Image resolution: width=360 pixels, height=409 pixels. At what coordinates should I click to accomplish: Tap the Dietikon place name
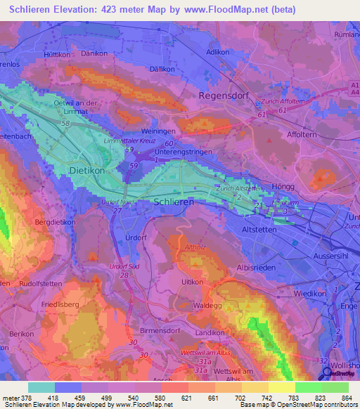(87, 170)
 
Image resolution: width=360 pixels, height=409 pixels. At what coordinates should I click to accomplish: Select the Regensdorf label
(226, 95)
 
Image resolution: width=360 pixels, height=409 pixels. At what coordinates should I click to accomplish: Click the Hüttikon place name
(58, 52)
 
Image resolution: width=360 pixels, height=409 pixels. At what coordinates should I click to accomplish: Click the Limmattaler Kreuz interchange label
(129, 141)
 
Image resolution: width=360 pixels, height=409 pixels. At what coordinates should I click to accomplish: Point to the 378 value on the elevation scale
(24, 397)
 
